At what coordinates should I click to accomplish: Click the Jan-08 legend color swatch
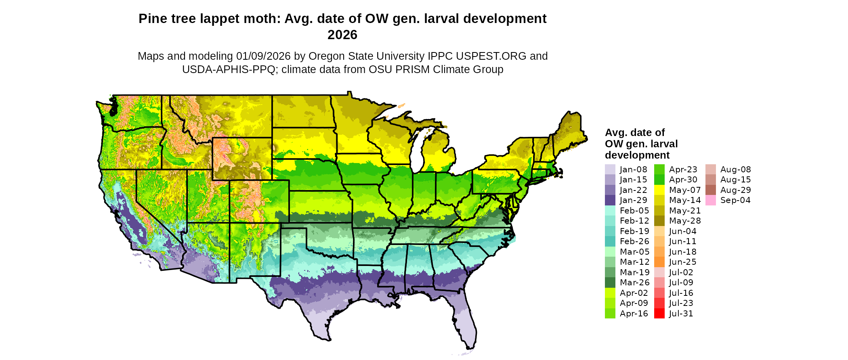point(610,170)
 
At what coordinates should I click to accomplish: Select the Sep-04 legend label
point(735,200)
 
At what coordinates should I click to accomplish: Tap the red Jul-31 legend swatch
point(659,314)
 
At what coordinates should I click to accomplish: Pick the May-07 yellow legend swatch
point(659,190)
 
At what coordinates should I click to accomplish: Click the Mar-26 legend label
point(634,283)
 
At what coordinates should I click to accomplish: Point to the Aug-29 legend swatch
point(710,190)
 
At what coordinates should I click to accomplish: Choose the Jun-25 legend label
point(682,262)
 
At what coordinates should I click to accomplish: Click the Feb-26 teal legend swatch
point(610,241)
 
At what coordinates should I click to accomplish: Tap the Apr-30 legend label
point(683,180)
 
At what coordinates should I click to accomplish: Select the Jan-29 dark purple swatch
point(610,200)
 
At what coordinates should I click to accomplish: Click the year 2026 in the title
point(342,35)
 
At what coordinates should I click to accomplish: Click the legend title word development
point(637,155)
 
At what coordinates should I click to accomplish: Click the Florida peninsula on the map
point(464,323)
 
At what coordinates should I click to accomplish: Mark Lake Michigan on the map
point(420,149)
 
